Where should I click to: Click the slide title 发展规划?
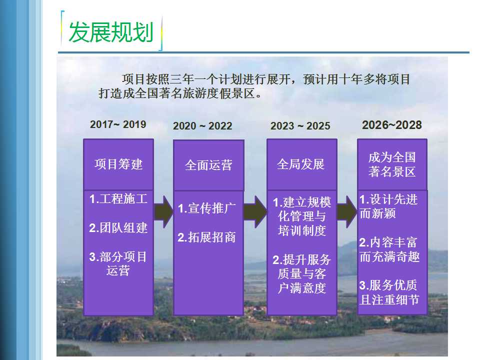111,32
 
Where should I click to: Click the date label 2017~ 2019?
118,124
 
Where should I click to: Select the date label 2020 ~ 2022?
202,126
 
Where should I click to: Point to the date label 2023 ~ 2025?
300,126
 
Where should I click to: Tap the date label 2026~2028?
392,125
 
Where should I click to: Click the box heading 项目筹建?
118,164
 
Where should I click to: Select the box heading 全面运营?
208,165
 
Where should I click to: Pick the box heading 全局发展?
300,164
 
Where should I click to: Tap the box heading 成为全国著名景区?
392,164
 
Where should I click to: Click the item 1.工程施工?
118,199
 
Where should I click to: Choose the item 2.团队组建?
118,228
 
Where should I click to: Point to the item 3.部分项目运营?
118,263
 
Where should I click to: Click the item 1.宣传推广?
206,208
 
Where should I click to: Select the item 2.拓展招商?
206,237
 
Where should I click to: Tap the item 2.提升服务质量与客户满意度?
302,273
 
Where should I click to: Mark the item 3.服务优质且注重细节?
389,292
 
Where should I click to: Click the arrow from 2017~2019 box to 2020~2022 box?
163,212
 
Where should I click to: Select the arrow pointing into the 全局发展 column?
255,212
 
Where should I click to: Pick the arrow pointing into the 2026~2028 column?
347,212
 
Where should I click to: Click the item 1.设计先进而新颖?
388,206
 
